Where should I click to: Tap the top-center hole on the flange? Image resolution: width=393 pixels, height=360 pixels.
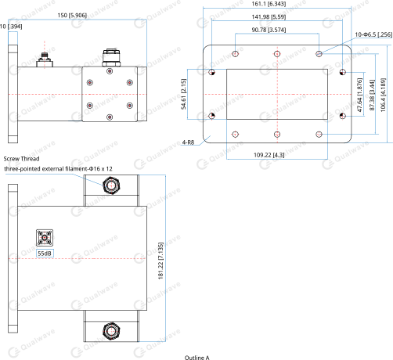277,53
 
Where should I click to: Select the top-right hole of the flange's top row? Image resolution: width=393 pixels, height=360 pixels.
319,53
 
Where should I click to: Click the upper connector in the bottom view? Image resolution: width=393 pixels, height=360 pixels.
110,185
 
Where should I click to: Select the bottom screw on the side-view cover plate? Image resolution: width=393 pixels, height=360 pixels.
109,118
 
